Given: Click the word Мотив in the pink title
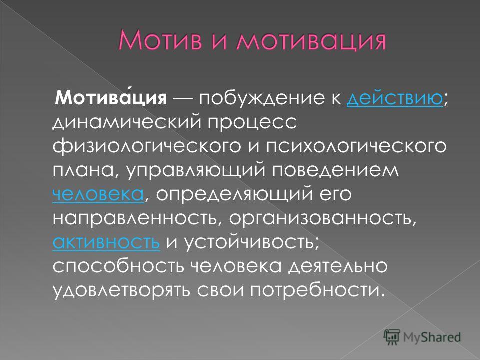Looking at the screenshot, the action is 160,40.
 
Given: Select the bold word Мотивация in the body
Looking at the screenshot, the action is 111,98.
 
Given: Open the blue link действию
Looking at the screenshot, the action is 395,98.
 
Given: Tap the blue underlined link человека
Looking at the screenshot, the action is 98,194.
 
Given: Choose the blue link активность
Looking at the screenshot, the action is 106,242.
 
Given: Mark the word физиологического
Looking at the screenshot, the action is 147,147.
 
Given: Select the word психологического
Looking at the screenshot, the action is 356,147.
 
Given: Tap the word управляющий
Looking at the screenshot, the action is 196,171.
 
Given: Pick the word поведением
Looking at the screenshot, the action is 336,170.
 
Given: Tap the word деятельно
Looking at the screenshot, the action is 338,266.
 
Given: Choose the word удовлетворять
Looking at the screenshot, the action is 122,290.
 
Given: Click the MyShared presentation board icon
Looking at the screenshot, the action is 392,337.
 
